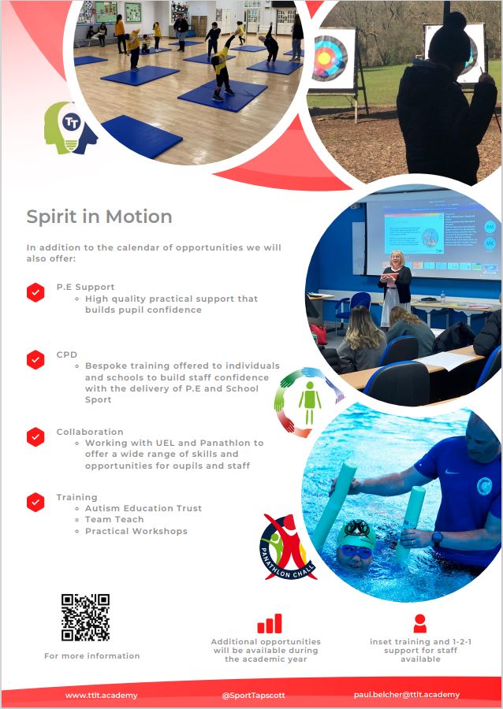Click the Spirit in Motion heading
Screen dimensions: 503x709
click(99, 217)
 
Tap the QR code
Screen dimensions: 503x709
click(85, 617)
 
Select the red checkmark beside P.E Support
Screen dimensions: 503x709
click(35, 292)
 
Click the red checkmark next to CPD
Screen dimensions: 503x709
click(35, 360)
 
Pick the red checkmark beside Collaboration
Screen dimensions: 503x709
click(35, 436)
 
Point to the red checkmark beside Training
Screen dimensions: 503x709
click(35, 503)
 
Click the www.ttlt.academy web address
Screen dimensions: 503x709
click(102, 696)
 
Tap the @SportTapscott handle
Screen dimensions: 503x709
click(253, 696)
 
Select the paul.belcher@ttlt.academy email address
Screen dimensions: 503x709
click(407, 695)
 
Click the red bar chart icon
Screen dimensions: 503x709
click(270, 624)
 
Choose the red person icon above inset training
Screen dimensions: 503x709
click(419, 623)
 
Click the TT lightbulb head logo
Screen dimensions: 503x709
click(70, 128)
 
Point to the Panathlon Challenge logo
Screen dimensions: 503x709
click(287, 548)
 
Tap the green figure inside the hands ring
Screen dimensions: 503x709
click(310, 403)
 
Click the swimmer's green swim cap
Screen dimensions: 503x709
click(356, 533)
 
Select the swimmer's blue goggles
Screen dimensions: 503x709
click(357, 551)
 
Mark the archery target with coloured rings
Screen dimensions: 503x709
click(329, 58)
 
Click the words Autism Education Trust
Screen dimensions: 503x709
click(143, 508)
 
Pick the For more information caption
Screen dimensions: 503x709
click(91, 655)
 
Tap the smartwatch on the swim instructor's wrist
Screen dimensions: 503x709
click(437, 538)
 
